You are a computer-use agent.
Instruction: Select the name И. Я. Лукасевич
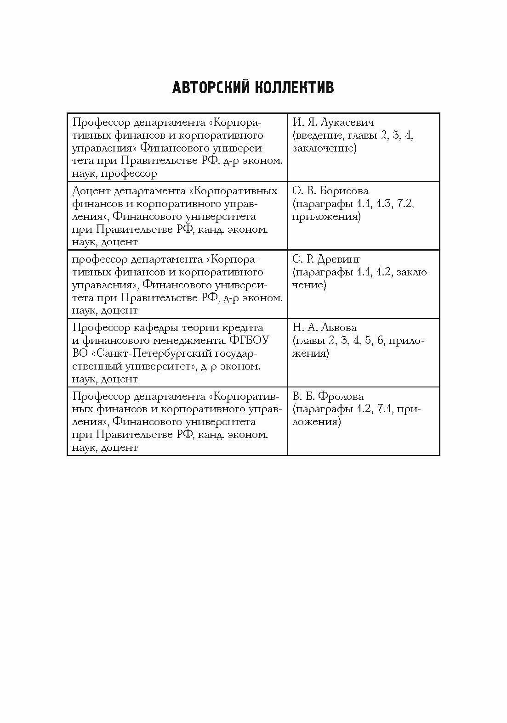click(333, 123)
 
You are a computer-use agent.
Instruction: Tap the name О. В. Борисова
click(330, 191)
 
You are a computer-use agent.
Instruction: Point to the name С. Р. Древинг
click(326, 259)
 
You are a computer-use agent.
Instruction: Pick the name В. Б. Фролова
click(328, 396)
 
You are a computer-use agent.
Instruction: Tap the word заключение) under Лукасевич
click(324, 148)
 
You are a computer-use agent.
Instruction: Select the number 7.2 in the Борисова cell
click(405, 204)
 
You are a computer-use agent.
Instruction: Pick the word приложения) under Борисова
click(326, 217)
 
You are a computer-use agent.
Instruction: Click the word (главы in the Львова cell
click(309, 341)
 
